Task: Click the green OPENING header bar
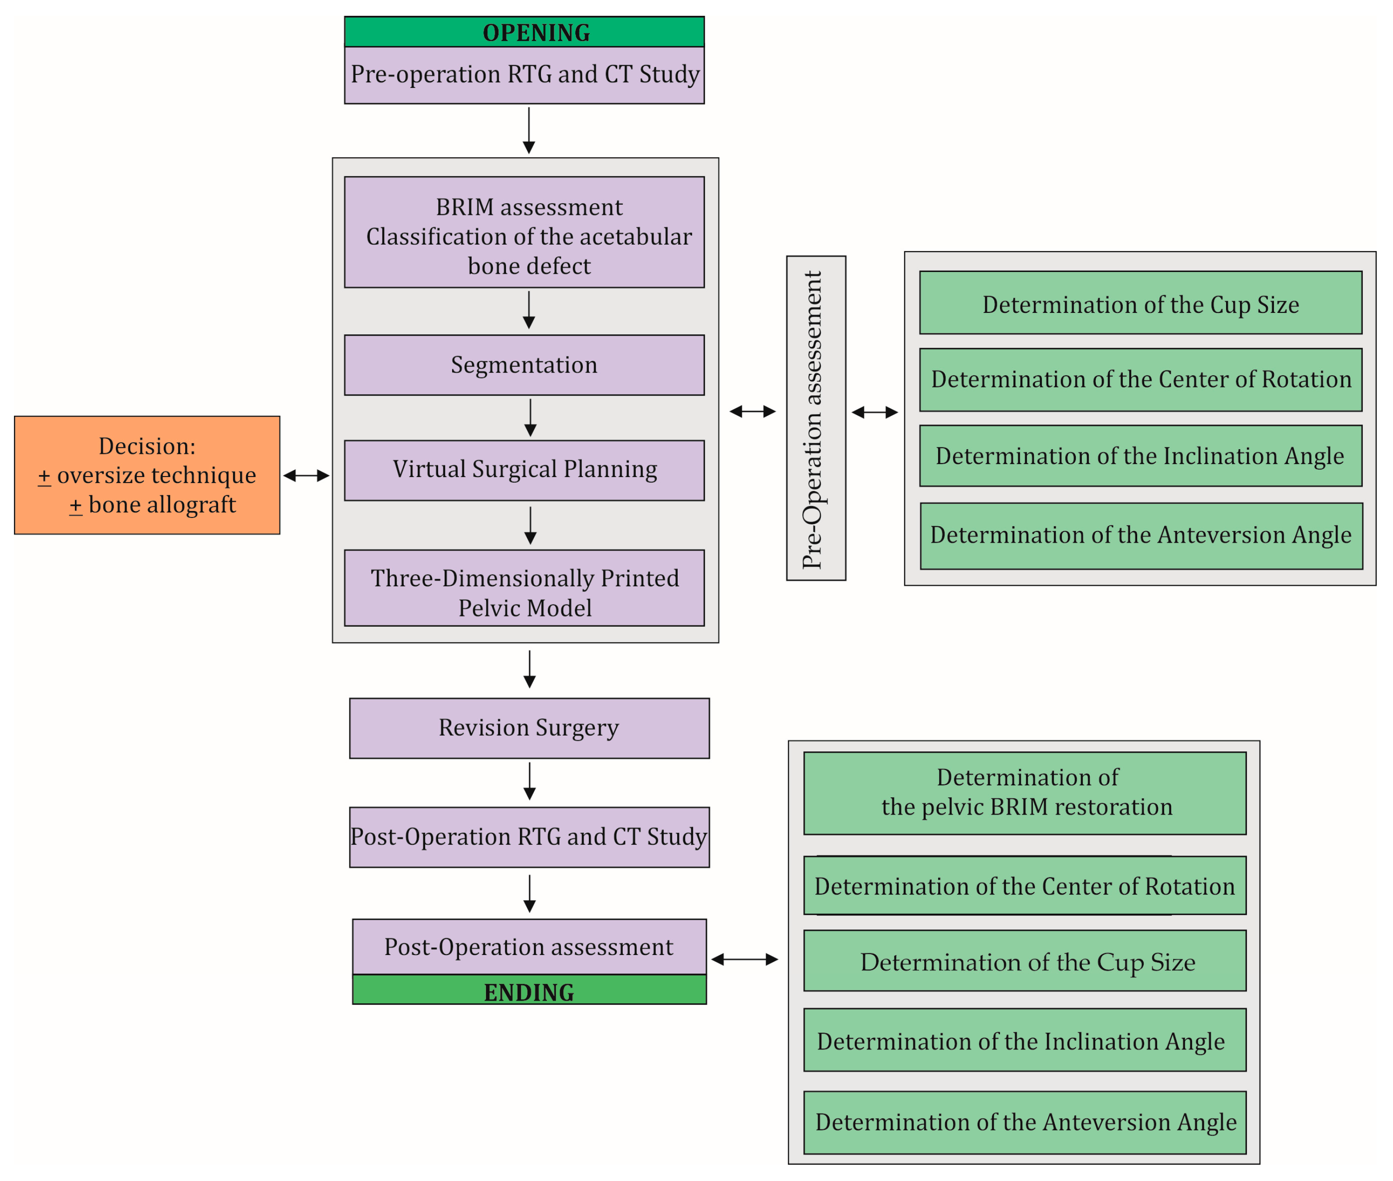click(524, 32)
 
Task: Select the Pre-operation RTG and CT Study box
click(524, 75)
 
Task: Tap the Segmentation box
click(524, 365)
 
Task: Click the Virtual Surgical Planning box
click(524, 470)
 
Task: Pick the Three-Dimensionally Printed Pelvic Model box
click(524, 588)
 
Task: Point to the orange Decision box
click(147, 475)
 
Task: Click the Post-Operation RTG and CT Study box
click(529, 837)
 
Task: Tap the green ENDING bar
click(529, 989)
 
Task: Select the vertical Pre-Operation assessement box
click(816, 418)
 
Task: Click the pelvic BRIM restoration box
click(1025, 793)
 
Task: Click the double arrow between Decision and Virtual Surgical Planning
click(306, 475)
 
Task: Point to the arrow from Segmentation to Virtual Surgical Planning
click(530, 418)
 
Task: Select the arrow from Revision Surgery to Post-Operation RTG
click(529, 781)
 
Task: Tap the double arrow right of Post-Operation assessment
click(744, 959)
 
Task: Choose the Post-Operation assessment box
click(529, 947)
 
